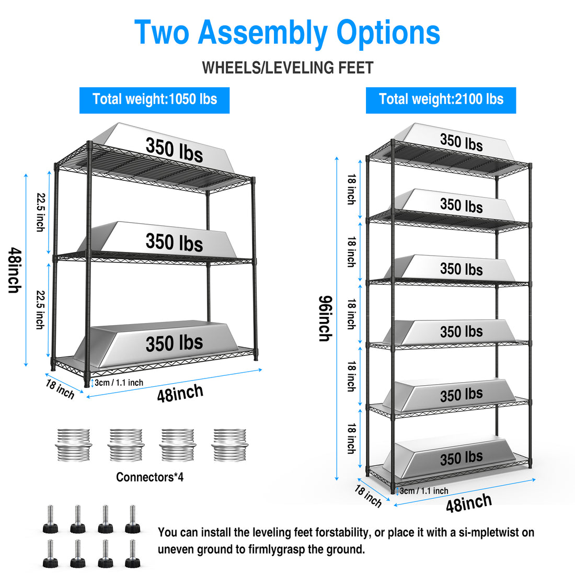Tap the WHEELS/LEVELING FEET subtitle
(x=287, y=68)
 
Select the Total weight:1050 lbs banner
(x=154, y=99)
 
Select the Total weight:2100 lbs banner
(x=441, y=99)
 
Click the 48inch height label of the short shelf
(x=15, y=270)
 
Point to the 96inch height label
(x=325, y=318)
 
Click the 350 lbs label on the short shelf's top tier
(x=174, y=149)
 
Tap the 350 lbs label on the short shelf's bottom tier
(x=174, y=343)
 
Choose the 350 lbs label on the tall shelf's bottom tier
(x=461, y=458)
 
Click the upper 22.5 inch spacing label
(x=40, y=212)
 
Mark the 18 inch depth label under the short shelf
(x=60, y=389)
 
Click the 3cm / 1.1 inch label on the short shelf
(x=119, y=383)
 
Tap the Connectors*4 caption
(x=149, y=477)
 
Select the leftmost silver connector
(x=74, y=445)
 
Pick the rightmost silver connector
(x=229, y=445)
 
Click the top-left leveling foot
(x=50, y=519)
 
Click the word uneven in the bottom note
(x=176, y=549)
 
